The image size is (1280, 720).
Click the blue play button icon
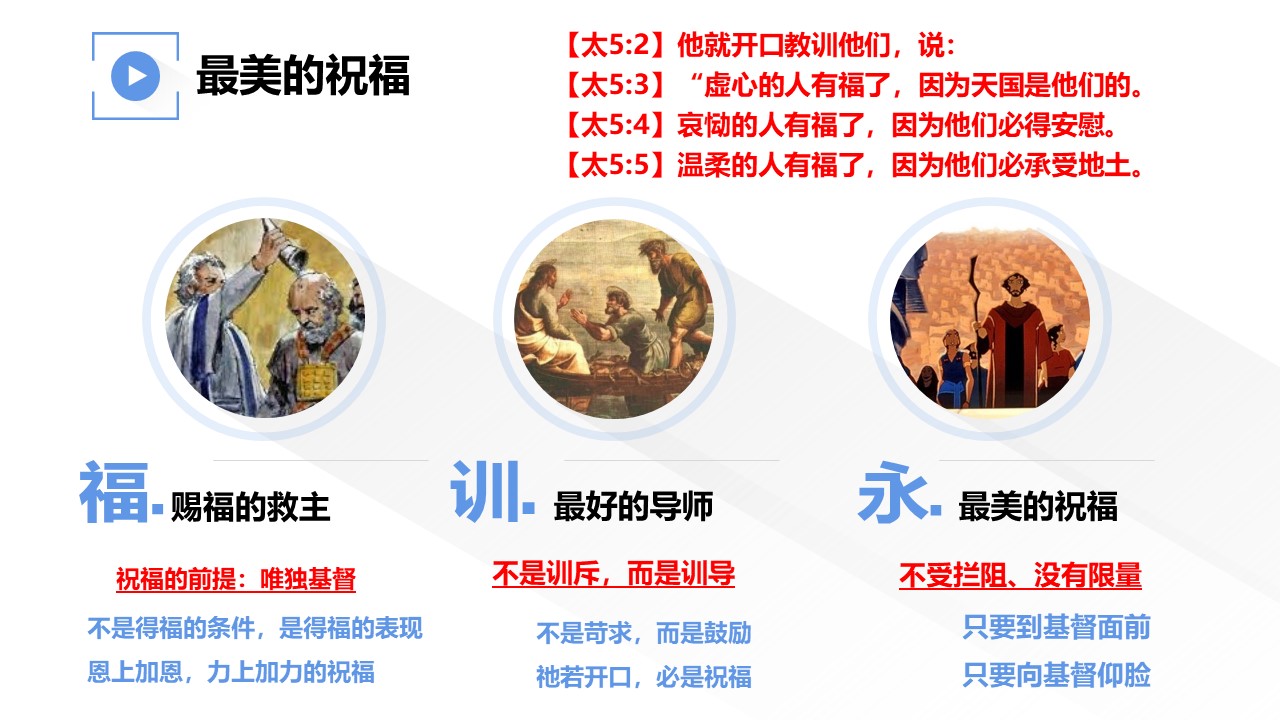click(135, 76)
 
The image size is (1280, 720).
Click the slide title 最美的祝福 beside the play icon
click(303, 75)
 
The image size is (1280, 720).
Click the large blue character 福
click(114, 492)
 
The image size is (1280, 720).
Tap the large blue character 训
click(486, 491)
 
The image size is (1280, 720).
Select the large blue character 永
click(893, 493)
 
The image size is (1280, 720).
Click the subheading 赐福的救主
click(250, 507)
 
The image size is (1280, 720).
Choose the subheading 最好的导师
click(633, 506)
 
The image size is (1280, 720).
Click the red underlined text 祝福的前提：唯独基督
click(236, 579)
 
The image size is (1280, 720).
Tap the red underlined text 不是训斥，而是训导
click(614, 574)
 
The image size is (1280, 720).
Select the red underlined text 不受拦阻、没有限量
click(1021, 575)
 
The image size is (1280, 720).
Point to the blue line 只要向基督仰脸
click(1057, 675)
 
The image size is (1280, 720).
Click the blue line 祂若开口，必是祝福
click(644, 677)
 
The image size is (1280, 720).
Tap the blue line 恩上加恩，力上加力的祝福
click(231, 672)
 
